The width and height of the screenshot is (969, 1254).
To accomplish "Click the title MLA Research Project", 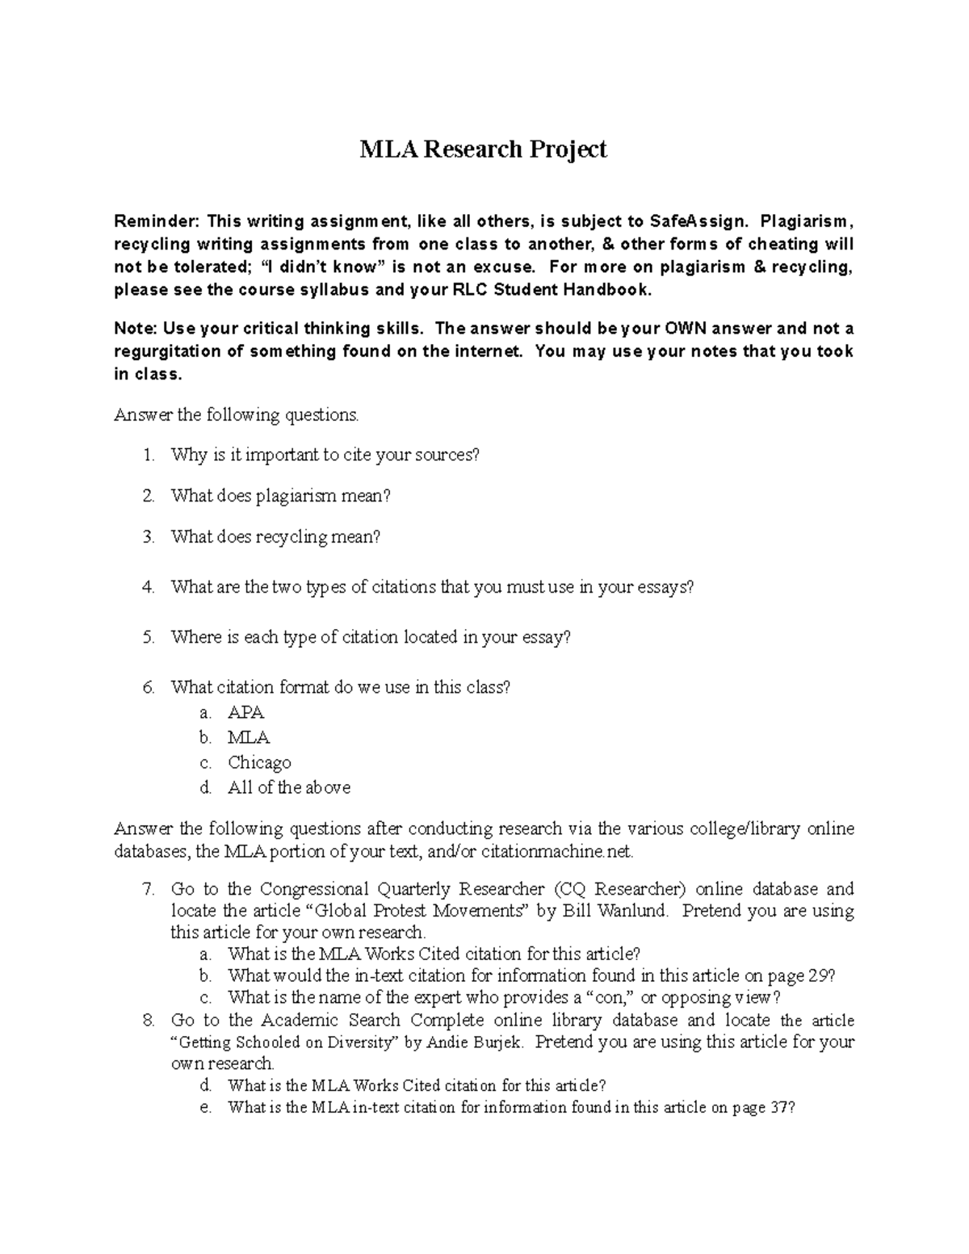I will click(x=483, y=149).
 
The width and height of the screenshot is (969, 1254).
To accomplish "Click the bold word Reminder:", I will click(x=156, y=221).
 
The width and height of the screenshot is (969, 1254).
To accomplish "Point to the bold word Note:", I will click(x=136, y=329).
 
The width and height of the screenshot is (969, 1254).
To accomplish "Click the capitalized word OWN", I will click(x=688, y=329).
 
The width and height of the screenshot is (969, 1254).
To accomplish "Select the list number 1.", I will click(x=148, y=455).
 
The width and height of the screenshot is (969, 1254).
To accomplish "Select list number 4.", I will click(x=148, y=588).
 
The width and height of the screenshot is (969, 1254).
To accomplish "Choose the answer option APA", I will click(x=245, y=713).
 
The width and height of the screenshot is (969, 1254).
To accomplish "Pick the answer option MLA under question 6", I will click(x=249, y=738).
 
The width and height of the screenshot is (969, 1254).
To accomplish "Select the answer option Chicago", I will click(x=259, y=763).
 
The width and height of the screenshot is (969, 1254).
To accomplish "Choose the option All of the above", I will click(x=289, y=788).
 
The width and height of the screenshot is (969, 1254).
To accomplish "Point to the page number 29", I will click(x=820, y=976).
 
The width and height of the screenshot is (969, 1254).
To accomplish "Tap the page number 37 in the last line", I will click(x=779, y=1108).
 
